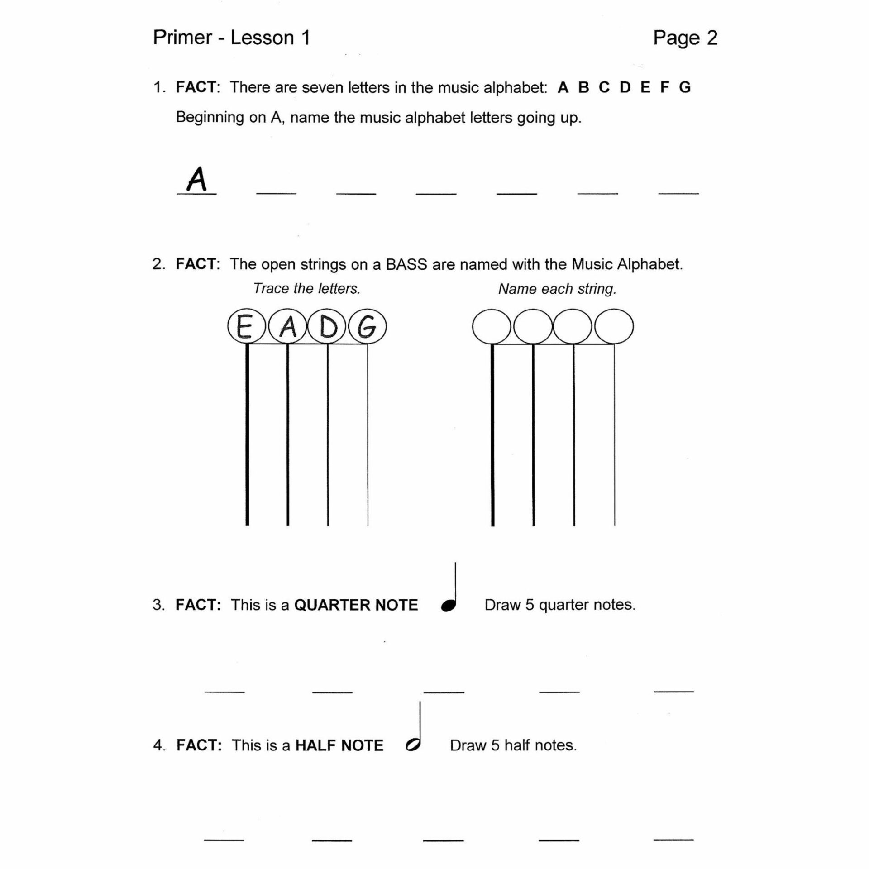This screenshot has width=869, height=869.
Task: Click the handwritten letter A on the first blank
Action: (197, 180)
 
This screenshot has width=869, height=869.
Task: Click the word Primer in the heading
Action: (182, 38)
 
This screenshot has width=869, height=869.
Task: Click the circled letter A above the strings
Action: (288, 326)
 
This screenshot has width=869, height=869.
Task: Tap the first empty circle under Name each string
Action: (492, 326)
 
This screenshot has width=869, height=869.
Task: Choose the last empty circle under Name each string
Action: (614, 326)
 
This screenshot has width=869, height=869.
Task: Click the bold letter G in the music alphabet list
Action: (685, 87)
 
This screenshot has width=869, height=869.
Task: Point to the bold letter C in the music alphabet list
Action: (604, 87)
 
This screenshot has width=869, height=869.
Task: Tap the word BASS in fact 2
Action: (406, 264)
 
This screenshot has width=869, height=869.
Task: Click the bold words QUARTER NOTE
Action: (356, 605)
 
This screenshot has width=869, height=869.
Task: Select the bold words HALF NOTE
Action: (339, 745)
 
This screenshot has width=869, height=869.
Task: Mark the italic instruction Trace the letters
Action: (306, 289)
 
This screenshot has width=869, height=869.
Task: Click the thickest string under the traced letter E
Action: (247, 434)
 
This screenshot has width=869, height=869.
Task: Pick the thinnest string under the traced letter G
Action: (368, 434)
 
